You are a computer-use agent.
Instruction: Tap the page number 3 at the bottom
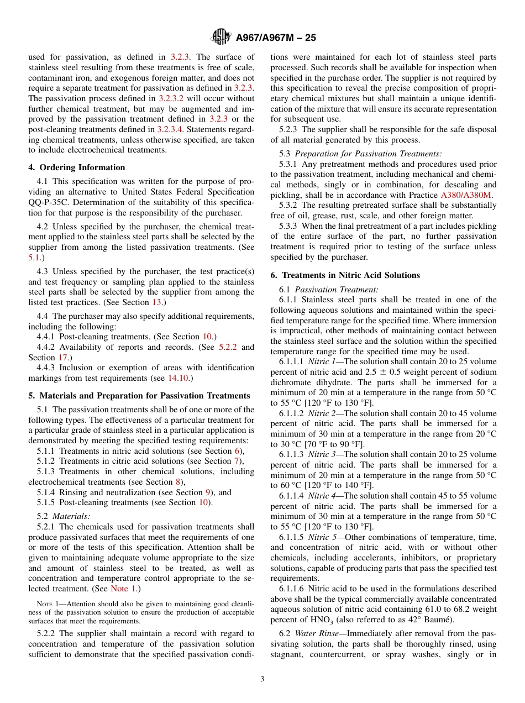(x=262, y=679)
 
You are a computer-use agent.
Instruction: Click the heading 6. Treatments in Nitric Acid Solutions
(x=345, y=275)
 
